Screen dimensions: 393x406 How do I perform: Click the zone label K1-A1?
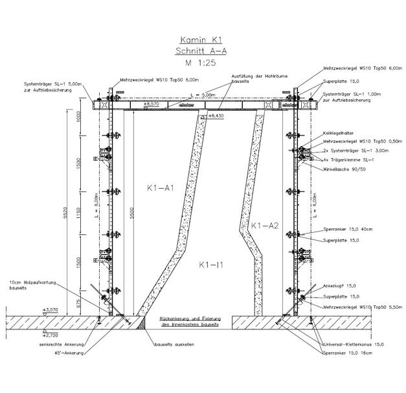coord(160,188)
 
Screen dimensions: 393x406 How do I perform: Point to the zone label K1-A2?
coord(264,226)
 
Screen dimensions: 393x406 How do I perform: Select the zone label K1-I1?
coord(212,265)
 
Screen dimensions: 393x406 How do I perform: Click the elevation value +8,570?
coord(152,104)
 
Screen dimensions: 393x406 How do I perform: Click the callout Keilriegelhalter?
coord(338,132)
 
